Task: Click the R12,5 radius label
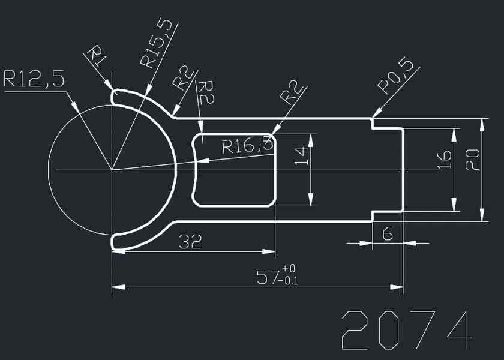[34, 80]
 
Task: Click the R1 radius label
[98, 56]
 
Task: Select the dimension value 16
[445, 160]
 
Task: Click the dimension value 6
[387, 234]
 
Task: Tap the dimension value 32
[190, 242]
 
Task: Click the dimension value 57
[268, 278]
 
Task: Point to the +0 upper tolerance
[289, 268]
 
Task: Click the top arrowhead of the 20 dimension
[481, 124]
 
